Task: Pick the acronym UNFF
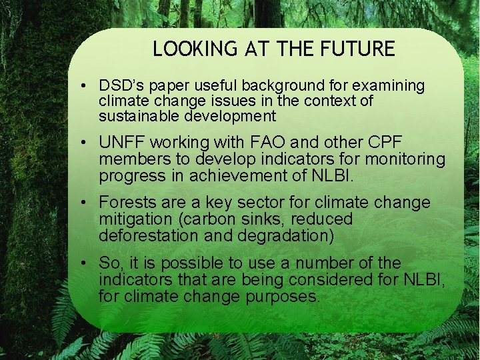tap(123, 143)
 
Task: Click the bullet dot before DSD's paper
tap(87, 87)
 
